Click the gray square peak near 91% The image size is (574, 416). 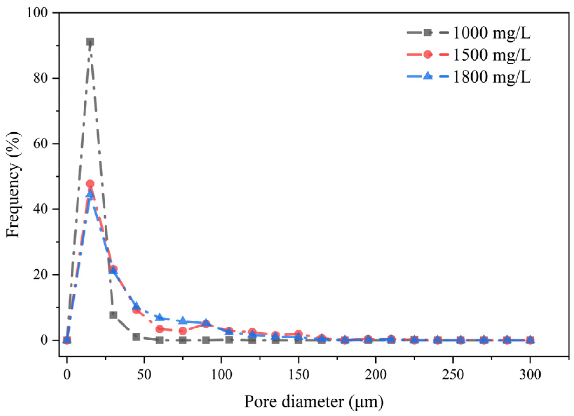coord(90,42)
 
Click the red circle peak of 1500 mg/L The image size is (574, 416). coord(90,183)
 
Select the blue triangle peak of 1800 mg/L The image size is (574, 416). coord(90,194)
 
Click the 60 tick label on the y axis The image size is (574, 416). coord(40,144)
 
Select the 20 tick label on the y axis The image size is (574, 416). coord(40,275)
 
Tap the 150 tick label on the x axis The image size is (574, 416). coord(299,375)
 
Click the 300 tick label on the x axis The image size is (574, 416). coord(530,375)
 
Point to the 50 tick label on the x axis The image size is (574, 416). coord(144,375)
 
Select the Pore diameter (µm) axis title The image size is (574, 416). coord(314,402)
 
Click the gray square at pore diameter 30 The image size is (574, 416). coord(113,315)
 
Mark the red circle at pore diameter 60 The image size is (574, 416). coord(160,329)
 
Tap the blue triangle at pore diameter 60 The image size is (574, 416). coord(160,317)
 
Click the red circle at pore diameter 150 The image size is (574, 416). coord(299,334)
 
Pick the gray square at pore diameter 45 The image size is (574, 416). coord(137,337)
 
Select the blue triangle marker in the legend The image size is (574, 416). coord(428,76)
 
